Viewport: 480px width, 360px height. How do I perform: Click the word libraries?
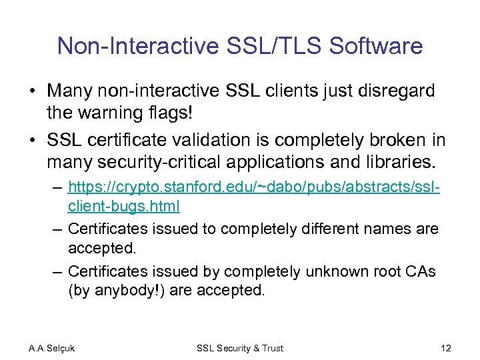point(401,161)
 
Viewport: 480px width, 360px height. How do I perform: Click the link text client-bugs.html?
point(124,206)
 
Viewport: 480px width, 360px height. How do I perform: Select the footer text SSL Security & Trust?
point(240,348)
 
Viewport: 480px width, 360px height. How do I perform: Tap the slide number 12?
point(446,348)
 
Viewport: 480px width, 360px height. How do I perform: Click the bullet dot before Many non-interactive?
point(33,91)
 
